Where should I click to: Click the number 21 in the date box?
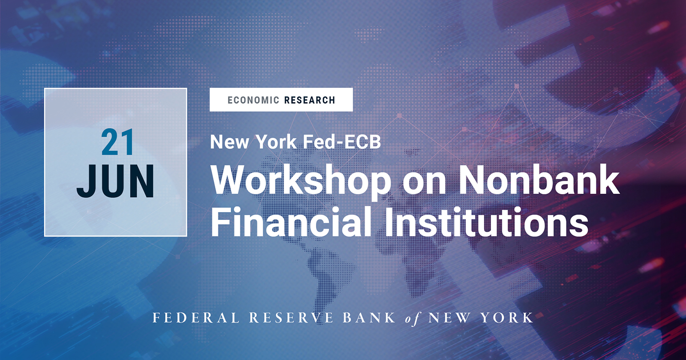pos(117,143)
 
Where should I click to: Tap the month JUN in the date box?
pos(116,182)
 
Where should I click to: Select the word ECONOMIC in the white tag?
pos(253,100)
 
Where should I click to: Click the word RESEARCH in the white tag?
pos(310,100)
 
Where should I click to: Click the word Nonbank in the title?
pos(539,180)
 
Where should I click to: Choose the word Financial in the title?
pos(291,222)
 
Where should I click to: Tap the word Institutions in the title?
pos(486,222)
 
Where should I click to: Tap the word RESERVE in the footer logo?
pos(291,318)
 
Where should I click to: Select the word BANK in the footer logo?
pos(369,318)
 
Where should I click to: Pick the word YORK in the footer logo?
pos(507,318)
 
